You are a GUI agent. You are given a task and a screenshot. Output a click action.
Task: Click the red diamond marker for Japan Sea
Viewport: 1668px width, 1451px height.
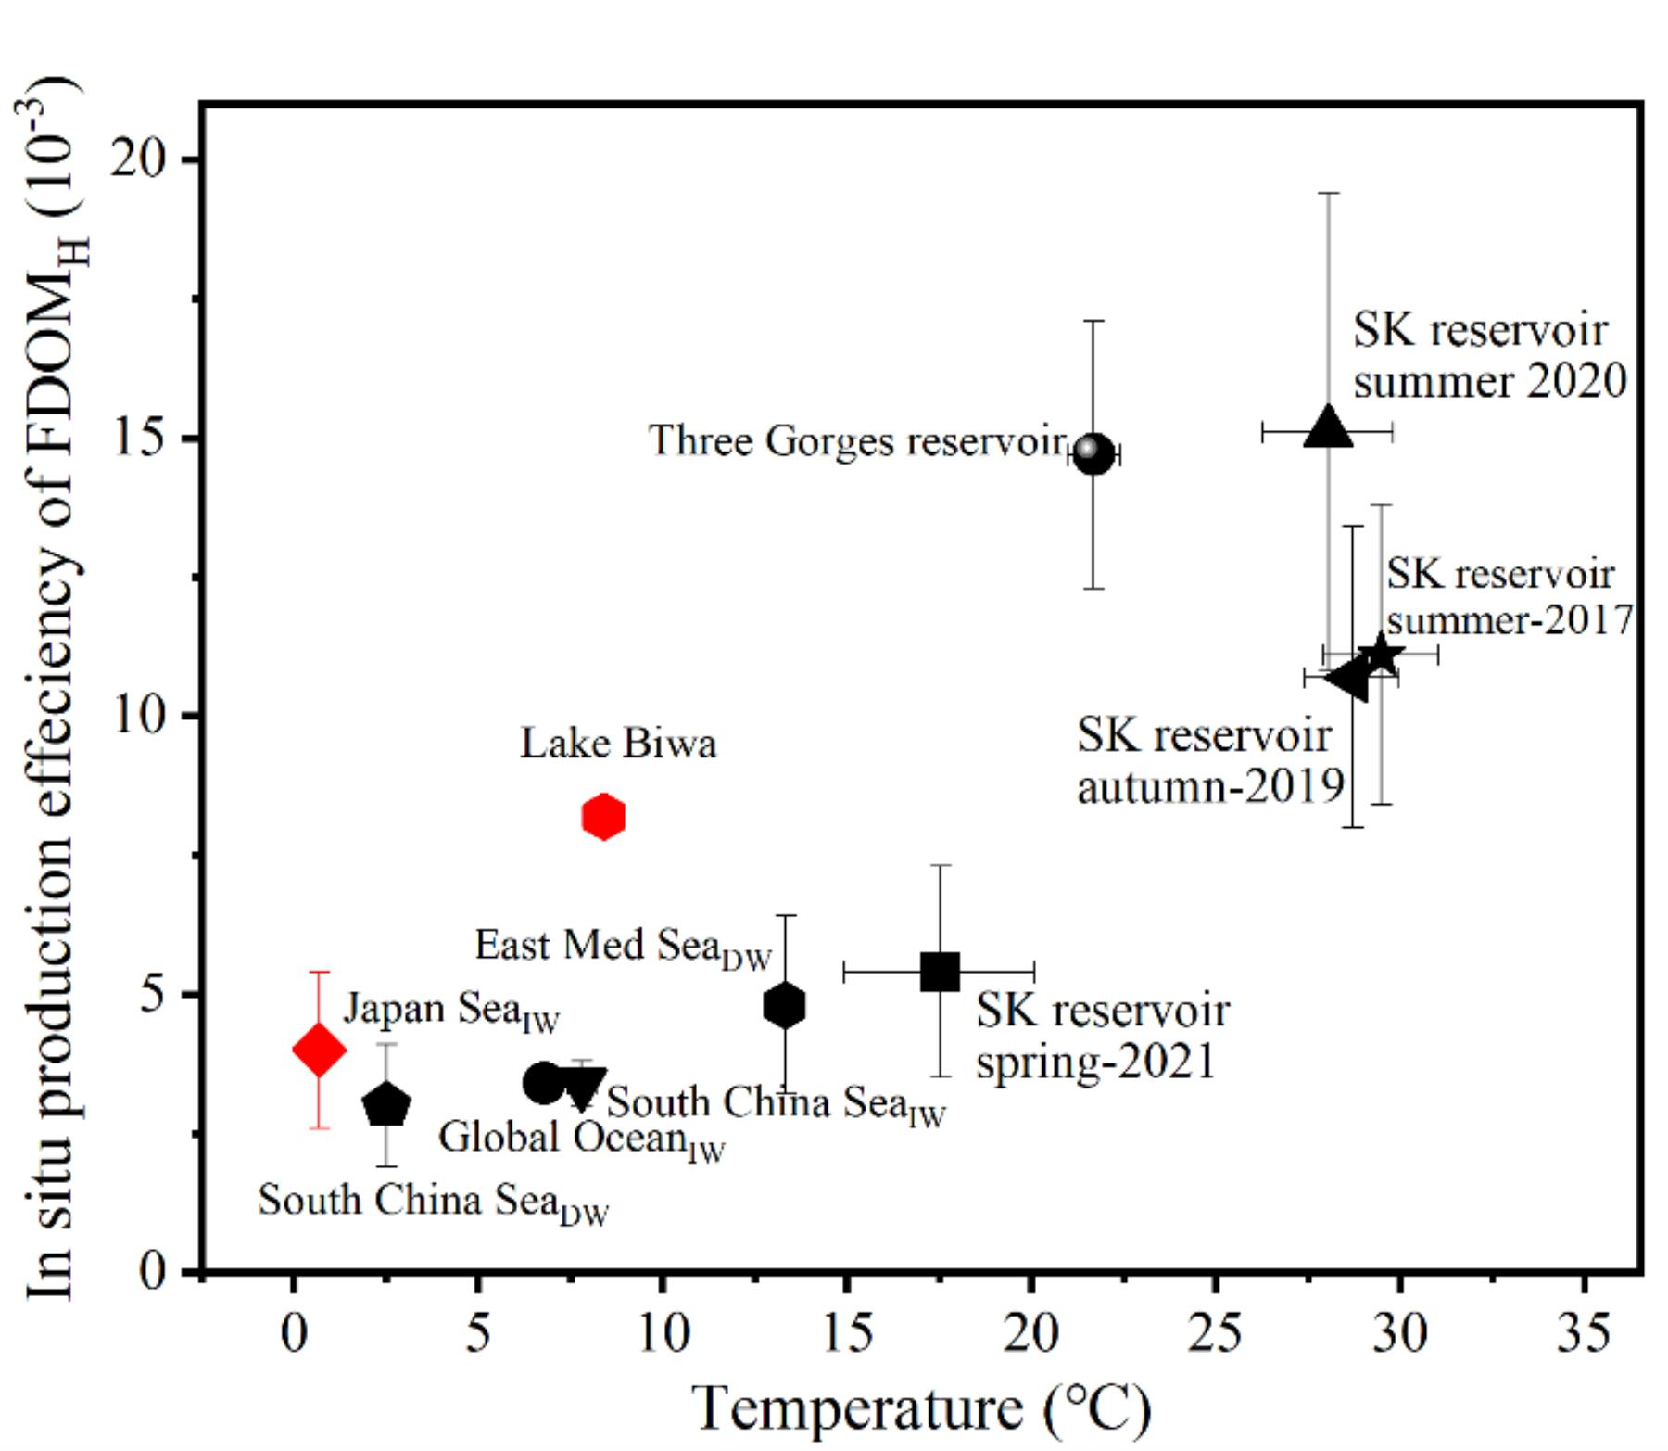pyautogui.click(x=319, y=1050)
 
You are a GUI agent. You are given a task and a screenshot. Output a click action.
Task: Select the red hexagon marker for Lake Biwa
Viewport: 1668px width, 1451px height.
pyautogui.click(x=603, y=817)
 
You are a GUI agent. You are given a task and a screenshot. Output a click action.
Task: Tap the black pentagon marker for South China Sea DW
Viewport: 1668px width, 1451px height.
pyautogui.click(x=386, y=1104)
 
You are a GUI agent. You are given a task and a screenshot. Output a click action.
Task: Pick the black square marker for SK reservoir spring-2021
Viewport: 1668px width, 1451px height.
pyautogui.click(x=940, y=972)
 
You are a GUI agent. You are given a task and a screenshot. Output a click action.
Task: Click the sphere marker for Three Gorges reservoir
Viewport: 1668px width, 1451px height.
pyautogui.click(x=1093, y=452)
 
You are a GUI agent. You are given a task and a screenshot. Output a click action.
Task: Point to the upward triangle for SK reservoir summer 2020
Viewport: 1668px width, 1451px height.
pyautogui.click(x=1328, y=427)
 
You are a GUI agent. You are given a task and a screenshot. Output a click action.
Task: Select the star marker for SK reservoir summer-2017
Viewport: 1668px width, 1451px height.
pyautogui.click(x=1381, y=655)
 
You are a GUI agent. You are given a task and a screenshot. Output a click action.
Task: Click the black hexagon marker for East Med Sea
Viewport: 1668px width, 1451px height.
pyautogui.click(x=784, y=1006)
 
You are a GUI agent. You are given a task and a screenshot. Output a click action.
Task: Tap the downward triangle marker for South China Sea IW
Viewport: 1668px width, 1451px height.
pyautogui.click(x=583, y=1088)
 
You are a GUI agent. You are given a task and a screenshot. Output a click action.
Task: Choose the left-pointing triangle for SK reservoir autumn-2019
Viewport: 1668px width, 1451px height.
pyautogui.click(x=1348, y=678)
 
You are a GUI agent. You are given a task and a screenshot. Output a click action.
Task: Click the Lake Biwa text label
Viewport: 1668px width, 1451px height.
pyautogui.click(x=618, y=744)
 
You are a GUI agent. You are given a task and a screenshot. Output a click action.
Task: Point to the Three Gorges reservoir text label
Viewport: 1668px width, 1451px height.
pyautogui.click(x=857, y=441)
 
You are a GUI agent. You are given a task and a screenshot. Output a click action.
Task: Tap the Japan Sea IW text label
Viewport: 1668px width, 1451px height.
pyautogui.click(x=451, y=1010)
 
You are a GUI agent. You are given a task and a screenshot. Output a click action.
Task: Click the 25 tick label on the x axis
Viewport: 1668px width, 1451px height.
pyautogui.click(x=1215, y=1333)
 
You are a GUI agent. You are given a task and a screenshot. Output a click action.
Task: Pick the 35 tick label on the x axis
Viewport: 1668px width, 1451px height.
pyautogui.click(x=1584, y=1333)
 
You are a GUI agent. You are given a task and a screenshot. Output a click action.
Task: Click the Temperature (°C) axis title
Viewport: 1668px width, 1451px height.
pyautogui.click(x=921, y=1408)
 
